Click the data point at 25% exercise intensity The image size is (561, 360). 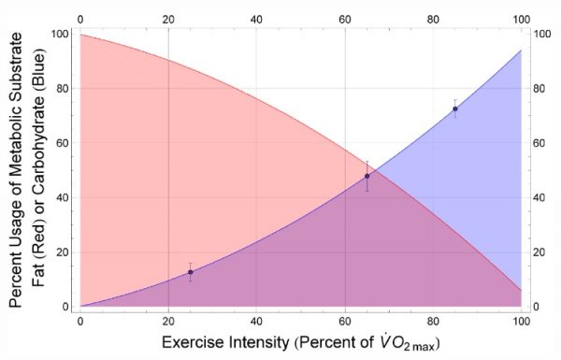[190, 272]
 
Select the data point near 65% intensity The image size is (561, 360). [367, 176]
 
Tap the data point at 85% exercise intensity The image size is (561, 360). [454, 108]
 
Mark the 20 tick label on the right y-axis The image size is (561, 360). [541, 252]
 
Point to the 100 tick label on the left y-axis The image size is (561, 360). [59, 34]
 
